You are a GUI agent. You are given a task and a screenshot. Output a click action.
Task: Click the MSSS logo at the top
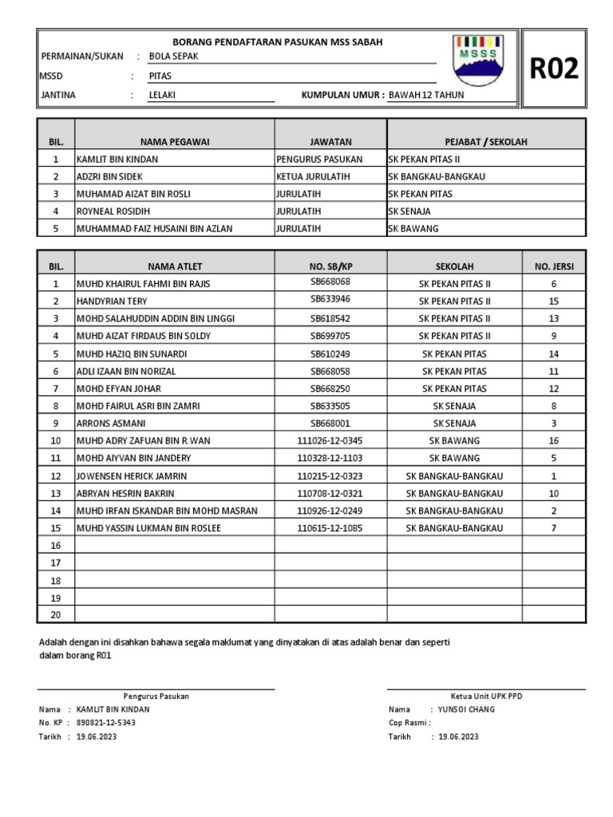coord(477,61)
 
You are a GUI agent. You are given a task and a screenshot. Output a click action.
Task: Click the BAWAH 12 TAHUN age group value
coord(425,95)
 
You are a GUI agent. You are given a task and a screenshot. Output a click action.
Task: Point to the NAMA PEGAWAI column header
coord(174,141)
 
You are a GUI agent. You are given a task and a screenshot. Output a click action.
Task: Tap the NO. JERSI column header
coord(553,266)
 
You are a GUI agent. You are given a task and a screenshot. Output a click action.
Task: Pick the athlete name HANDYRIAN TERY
coord(111,302)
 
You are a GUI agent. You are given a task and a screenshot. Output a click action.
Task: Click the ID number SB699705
coord(330,336)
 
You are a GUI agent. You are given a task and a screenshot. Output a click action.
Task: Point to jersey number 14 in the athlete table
coord(553,353)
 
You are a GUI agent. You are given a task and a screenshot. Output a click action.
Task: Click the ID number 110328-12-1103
coord(330,458)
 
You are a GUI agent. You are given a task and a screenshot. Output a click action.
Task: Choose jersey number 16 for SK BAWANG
coord(553,440)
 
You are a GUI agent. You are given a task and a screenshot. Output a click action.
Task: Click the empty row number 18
coord(56,581)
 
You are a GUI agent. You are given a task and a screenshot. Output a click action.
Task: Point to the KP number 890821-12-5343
coord(106,723)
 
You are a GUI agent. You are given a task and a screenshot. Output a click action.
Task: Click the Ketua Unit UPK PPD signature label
coord(485,697)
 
